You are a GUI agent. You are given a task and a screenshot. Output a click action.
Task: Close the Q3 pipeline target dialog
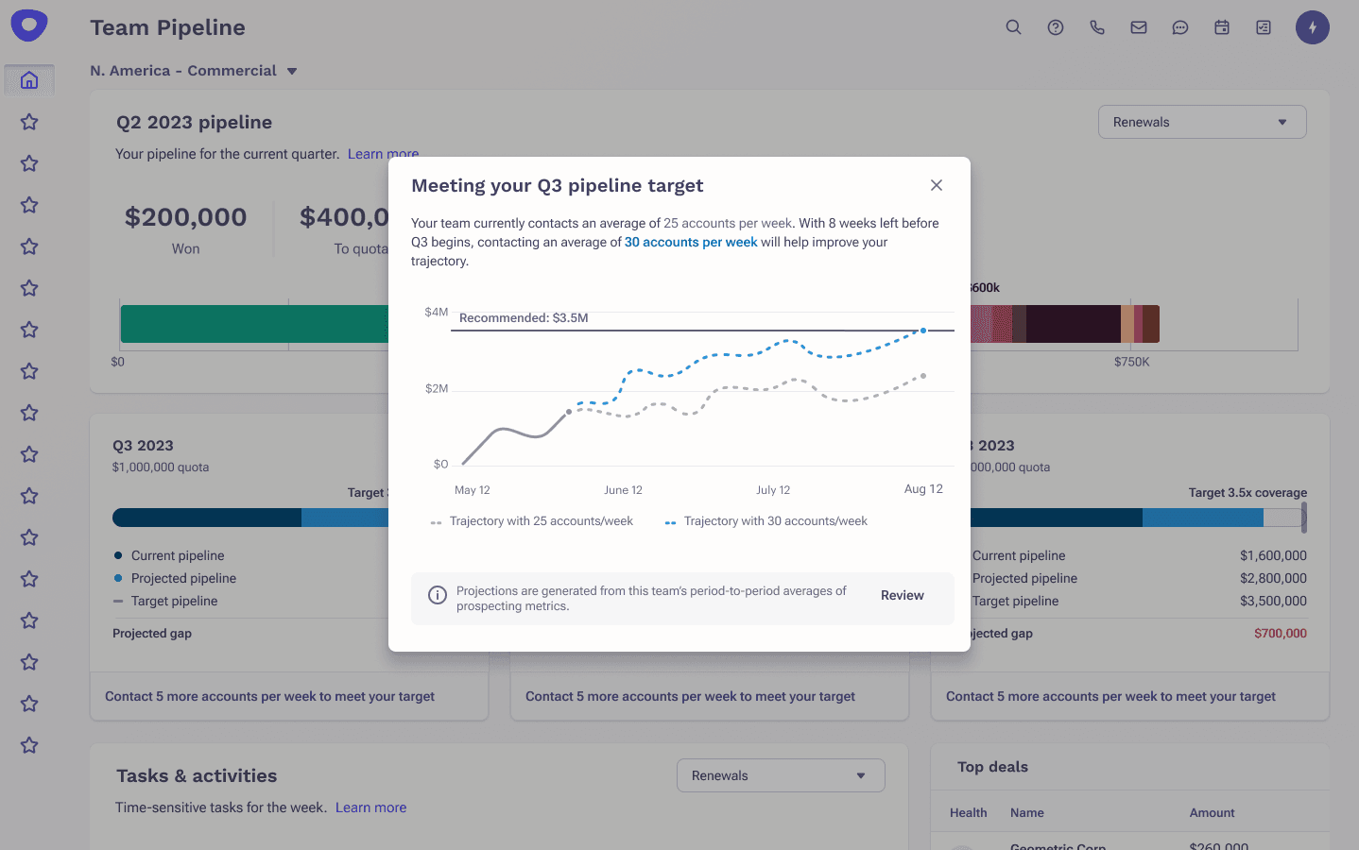[937, 185]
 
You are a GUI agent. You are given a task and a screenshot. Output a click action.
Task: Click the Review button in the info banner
[902, 596]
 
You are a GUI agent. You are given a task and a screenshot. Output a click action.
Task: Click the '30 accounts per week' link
[691, 243]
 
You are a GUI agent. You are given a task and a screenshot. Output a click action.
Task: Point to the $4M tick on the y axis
[437, 312]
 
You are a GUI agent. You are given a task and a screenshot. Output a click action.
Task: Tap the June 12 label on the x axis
[623, 490]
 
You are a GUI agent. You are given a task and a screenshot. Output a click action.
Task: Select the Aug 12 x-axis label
[923, 489]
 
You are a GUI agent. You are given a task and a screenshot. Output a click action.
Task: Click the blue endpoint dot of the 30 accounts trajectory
[923, 331]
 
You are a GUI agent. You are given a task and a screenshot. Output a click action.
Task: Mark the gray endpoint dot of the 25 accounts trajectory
[923, 376]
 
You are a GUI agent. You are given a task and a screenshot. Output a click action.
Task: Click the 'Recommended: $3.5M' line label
[524, 318]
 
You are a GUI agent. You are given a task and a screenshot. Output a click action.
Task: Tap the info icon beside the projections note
[438, 595]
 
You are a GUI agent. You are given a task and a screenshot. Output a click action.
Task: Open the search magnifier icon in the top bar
[1013, 27]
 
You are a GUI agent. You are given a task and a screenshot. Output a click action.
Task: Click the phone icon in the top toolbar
[1097, 27]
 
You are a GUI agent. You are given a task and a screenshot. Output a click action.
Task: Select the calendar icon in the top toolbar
[1222, 27]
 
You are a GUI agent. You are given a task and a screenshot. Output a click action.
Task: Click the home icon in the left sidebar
[29, 80]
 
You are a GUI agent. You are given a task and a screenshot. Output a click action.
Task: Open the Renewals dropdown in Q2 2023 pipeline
[1202, 122]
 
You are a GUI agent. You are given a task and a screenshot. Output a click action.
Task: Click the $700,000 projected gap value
[1280, 634]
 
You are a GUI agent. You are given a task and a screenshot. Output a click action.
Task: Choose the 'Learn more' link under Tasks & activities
[370, 807]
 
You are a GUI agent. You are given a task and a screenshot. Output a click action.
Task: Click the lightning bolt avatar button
[1312, 27]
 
